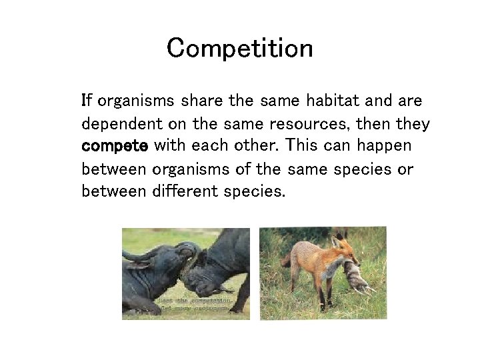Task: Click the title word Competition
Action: (x=239, y=49)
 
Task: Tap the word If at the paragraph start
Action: (x=86, y=101)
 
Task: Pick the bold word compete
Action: (x=114, y=147)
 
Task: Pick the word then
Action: (x=375, y=124)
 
